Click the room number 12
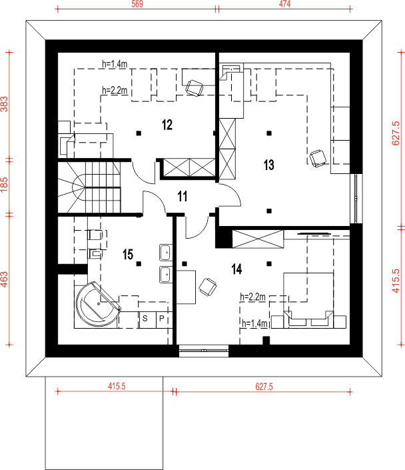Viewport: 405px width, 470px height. click(x=167, y=125)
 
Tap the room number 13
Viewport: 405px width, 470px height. click(x=268, y=165)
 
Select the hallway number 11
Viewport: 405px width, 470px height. click(x=182, y=196)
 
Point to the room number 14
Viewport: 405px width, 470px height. click(x=236, y=269)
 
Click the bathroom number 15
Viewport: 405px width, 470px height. click(x=128, y=255)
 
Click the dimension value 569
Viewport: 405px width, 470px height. click(x=137, y=4)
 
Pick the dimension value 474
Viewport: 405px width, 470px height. click(x=284, y=4)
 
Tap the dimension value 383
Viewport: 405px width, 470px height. click(x=4, y=104)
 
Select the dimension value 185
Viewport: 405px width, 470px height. click(x=4, y=185)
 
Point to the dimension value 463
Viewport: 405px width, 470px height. click(x=4, y=279)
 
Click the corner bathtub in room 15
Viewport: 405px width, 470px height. click(x=98, y=304)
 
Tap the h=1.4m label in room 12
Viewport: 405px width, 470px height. click(x=115, y=64)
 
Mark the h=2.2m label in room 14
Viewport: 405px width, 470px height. click(x=252, y=297)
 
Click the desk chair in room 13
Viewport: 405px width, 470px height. click(x=318, y=158)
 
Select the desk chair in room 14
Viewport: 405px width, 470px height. click(x=208, y=287)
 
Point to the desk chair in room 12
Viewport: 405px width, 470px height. click(x=194, y=88)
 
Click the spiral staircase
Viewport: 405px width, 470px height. click(x=89, y=187)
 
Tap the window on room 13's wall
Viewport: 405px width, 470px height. click(x=356, y=199)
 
